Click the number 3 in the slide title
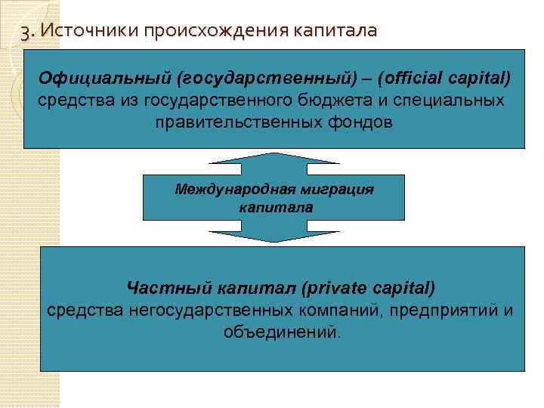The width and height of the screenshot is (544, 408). [x=27, y=32]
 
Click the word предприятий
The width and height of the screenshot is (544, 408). [x=447, y=310]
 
